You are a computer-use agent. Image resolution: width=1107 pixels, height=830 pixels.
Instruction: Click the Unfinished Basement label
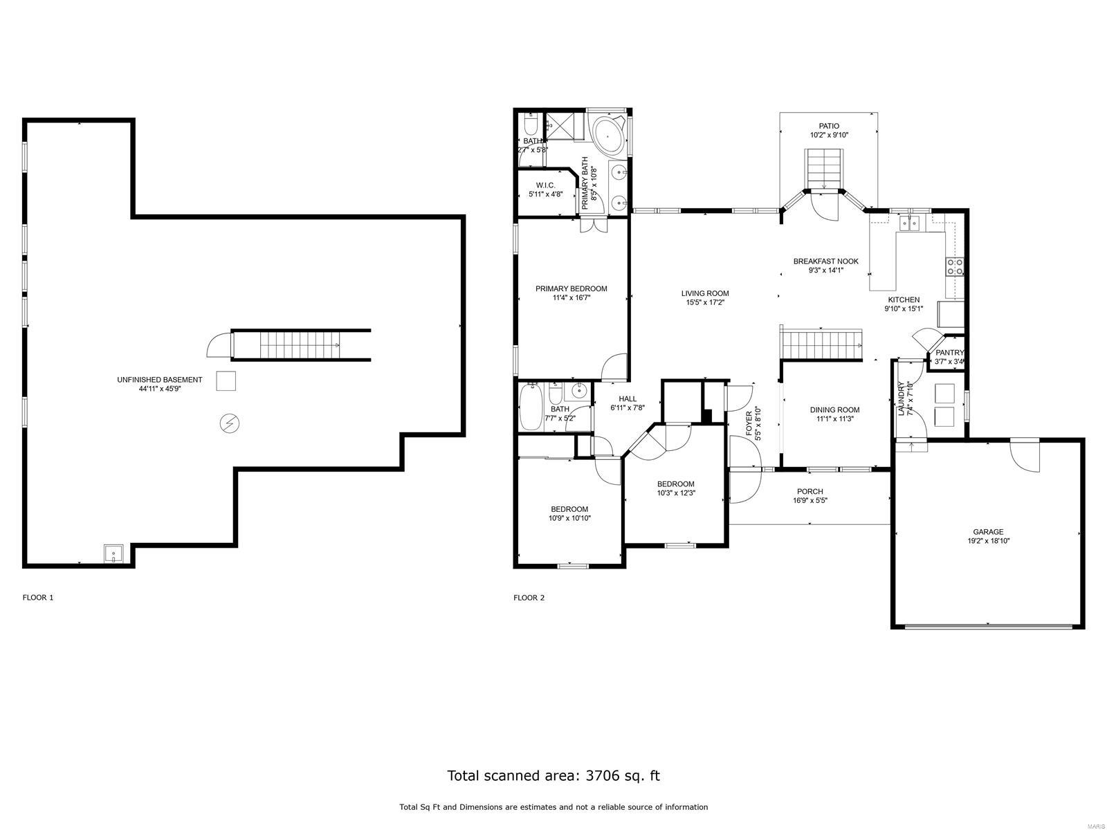(x=159, y=380)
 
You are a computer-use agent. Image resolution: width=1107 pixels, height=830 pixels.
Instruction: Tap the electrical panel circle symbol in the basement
(x=229, y=423)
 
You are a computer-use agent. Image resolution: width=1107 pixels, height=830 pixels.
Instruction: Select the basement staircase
(x=302, y=344)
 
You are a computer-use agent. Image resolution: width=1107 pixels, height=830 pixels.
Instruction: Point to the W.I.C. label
(x=546, y=185)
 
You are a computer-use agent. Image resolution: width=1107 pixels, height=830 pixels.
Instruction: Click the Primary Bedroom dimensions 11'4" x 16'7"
(x=571, y=298)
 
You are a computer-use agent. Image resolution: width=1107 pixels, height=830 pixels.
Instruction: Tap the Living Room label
(x=705, y=293)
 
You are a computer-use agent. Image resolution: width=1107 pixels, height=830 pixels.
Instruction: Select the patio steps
(x=824, y=171)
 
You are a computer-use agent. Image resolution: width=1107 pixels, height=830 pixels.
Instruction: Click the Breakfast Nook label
(x=825, y=261)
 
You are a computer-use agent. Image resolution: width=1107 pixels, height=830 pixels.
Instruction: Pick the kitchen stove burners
(x=955, y=266)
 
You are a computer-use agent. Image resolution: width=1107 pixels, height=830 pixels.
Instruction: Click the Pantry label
(x=949, y=353)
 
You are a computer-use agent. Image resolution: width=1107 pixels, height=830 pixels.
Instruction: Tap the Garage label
(x=987, y=532)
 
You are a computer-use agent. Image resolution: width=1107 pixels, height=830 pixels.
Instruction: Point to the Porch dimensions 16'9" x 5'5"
(x=809, y=501)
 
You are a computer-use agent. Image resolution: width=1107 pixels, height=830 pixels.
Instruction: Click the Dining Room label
(x=834, y=409)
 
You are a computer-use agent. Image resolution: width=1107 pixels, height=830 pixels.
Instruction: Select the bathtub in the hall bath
(x=531, y=409)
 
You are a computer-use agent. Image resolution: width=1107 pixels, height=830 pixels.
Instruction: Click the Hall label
(x=628, y=398)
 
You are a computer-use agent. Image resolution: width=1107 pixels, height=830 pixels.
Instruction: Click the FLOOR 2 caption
(x=529, y=598)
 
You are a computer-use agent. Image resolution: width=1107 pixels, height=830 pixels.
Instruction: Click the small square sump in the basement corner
(x=113, y=553)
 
